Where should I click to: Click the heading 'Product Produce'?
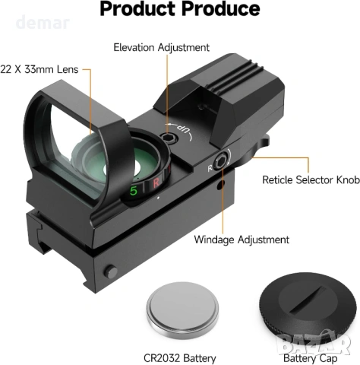(180, 9)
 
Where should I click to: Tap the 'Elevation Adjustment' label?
(161, 48)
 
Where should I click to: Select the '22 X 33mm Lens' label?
(39, 69)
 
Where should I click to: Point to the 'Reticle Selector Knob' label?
(311, 179)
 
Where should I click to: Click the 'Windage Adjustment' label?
(242, 240)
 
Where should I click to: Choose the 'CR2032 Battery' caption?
(180, 358)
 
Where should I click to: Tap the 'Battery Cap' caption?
(311, 358)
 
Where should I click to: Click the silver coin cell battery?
(182, 311)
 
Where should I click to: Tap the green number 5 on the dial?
(134, 190)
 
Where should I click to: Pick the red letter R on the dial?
(156, 182)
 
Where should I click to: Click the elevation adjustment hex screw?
(168, 138)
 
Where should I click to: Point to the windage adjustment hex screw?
(219, 162)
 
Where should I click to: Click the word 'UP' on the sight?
(183, 129)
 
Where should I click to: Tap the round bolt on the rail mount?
(111, 271)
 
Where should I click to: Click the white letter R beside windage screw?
(210, 168)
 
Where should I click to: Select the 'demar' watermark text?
(43, 22)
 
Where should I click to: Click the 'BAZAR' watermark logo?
(314, 343)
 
